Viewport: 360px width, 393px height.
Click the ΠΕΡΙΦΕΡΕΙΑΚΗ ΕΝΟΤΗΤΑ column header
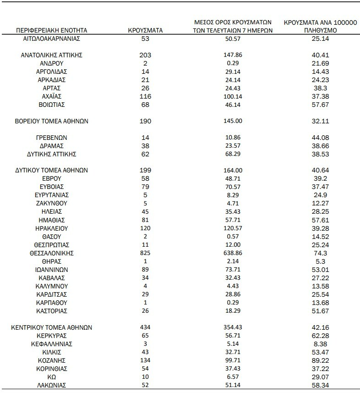(x=51, y=30)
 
